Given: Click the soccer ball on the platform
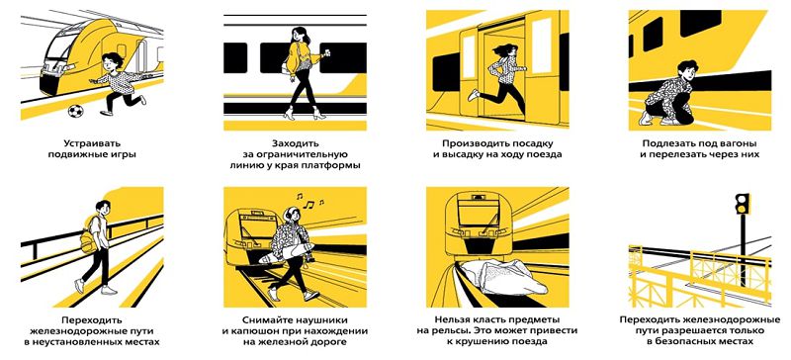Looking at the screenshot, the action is (75, 111).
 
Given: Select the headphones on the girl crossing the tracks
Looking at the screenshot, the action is (287, 214).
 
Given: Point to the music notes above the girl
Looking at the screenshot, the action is (309, 201).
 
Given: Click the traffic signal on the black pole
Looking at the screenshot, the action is (743, 204).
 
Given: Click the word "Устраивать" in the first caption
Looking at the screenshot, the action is (92, 143).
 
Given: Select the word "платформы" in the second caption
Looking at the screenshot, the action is (335, 165).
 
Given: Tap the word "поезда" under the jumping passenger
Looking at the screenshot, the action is (545, 154).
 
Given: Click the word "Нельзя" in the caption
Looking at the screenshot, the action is (451, 320).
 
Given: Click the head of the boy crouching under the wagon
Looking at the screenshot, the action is (686, 68).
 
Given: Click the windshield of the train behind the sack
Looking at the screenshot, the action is (478, 212).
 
